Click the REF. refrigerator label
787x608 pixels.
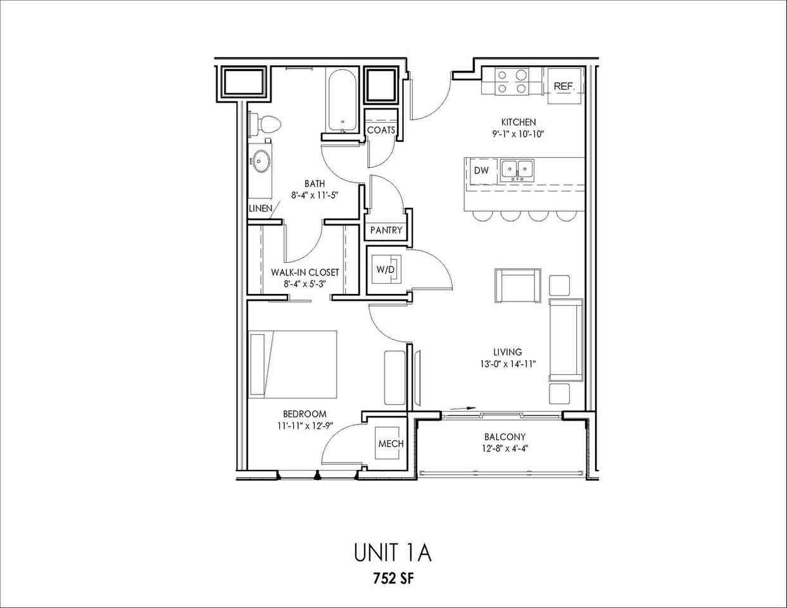[x=563, y=86]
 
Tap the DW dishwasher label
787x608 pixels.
[x=481, y=170]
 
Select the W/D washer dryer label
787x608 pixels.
[x=386, y=270]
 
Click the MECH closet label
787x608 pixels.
[x=391, y=444]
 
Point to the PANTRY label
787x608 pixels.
[x=386, y=231]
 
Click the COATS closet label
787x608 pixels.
[x=381, y=130]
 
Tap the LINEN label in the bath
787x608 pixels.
[x=260, y=208]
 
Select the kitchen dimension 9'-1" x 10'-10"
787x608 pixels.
[x=519, y=134]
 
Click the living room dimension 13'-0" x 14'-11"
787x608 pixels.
[x=508, y=364]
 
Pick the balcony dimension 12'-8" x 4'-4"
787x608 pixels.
[x=505, y=448]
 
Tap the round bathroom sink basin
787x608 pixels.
[x=260, y=161]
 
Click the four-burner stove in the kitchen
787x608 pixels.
[x=512, y=82]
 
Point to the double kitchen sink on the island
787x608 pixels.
[x=517, y=170]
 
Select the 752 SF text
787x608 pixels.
[x=393, y=578]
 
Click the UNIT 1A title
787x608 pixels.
[x=393, y=552]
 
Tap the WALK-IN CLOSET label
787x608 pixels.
[x=305, y=272]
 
